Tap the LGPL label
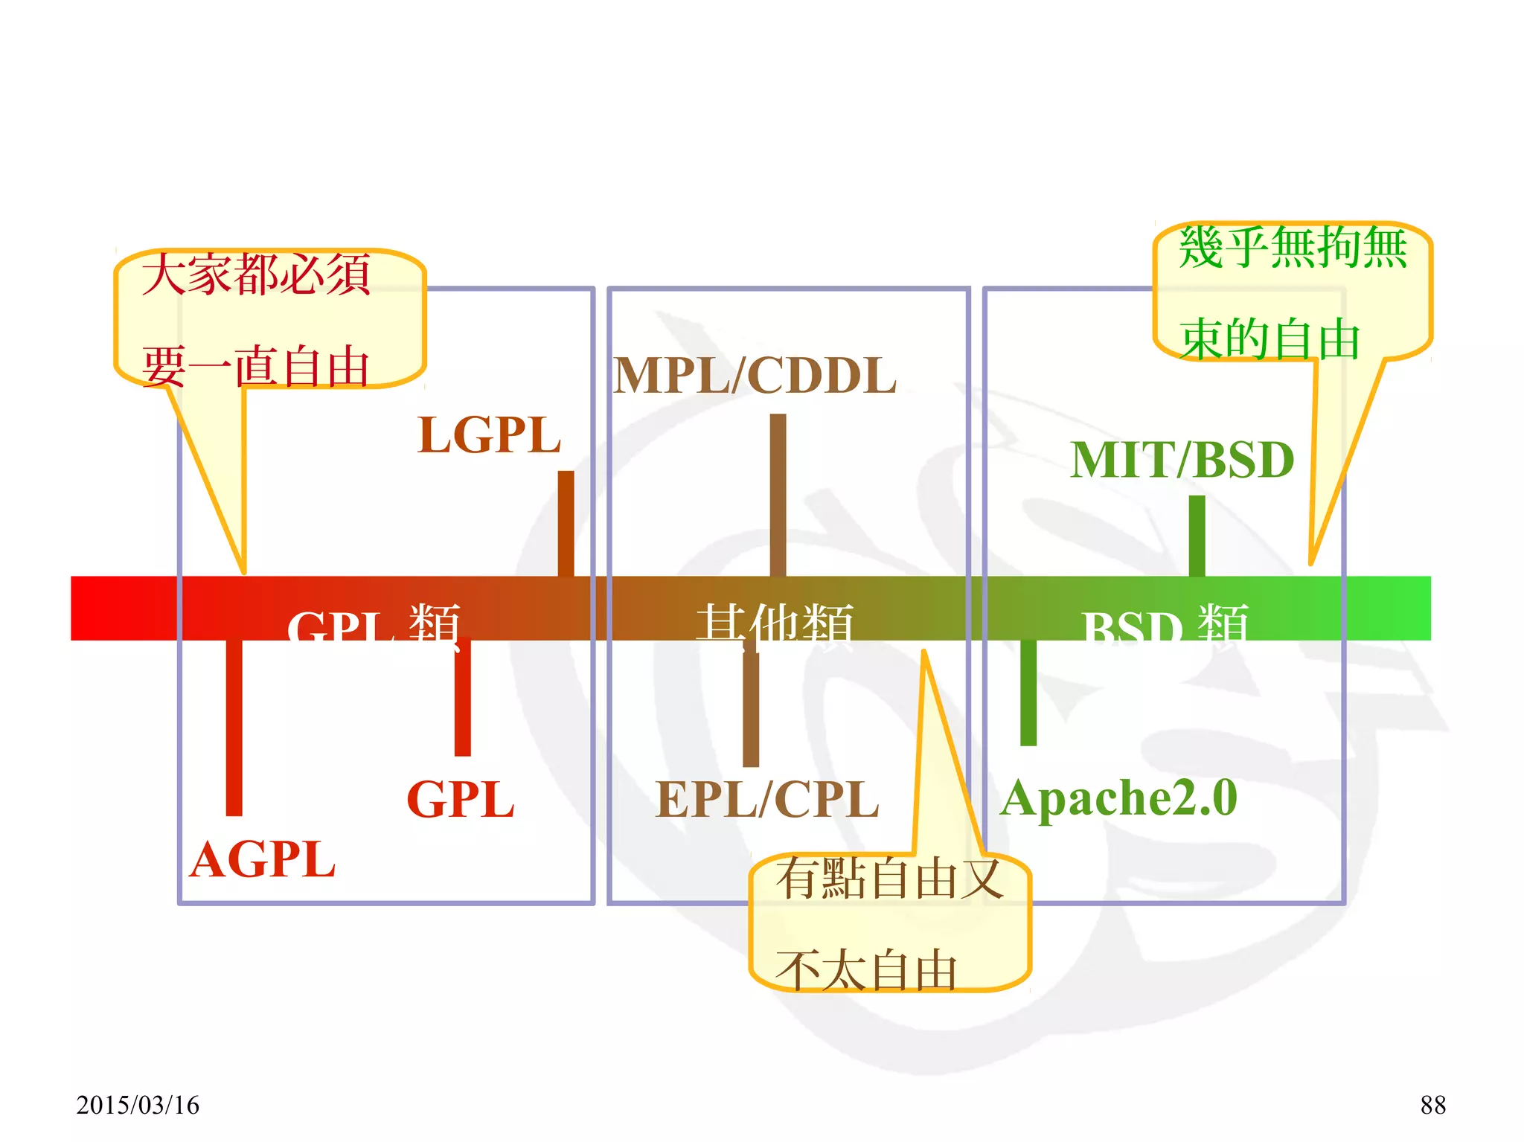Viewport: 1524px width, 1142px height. tap(489, 435)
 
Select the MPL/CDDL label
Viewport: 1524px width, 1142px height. tap(755, 376)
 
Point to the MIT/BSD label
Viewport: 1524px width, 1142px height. tap(1182, 460)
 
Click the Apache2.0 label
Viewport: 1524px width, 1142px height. tap(1118, 798)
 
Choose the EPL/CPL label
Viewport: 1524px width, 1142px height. tap(767, 800)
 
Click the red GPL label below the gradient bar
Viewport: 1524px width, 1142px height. tap(461, 800)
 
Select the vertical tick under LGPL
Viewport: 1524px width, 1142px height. tap(566, 523)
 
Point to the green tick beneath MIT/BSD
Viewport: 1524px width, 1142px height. tap(1197, 536)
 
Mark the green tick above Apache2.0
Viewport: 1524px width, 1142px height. tap(1028, 692)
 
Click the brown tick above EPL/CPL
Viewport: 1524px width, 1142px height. tap(751, 707)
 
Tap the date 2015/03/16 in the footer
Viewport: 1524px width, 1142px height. tap(138, 1105)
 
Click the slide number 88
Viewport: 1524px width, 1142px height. tap(1432, 1105)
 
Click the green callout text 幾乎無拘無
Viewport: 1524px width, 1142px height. tap(1293, 248)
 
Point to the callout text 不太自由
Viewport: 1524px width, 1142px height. tap(866, 970)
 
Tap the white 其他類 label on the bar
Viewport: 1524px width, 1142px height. tap(775, 623)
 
